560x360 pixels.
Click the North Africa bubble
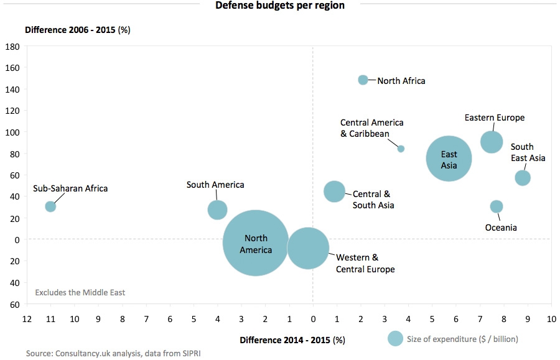tap(363, 80)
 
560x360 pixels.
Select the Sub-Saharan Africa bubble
tap(50, 206)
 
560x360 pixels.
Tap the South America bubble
tap(217, 210)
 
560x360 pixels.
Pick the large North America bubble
tap(255, 243)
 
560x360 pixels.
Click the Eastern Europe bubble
tap(492, 141)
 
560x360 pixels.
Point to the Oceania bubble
tap(497, 206)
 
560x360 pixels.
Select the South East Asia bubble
tap(523, 178)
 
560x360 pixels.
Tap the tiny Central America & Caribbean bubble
tap(401, 149)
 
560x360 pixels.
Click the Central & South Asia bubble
tap(335, 192)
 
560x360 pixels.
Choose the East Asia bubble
tap(449, 159)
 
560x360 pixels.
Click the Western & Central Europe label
tap(365, 263)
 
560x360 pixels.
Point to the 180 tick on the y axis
tap(13, 47)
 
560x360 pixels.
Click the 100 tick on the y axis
tap(13, 132)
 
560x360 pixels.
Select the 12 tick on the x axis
tap(27, 319)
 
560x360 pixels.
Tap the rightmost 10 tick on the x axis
tap(551, 319)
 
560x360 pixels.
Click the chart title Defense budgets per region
tap(280, 6)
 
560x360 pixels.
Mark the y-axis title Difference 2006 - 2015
tap(77, 30)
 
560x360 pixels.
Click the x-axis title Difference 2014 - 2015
tap(292, 339)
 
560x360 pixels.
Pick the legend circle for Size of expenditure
tap(395, 338)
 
